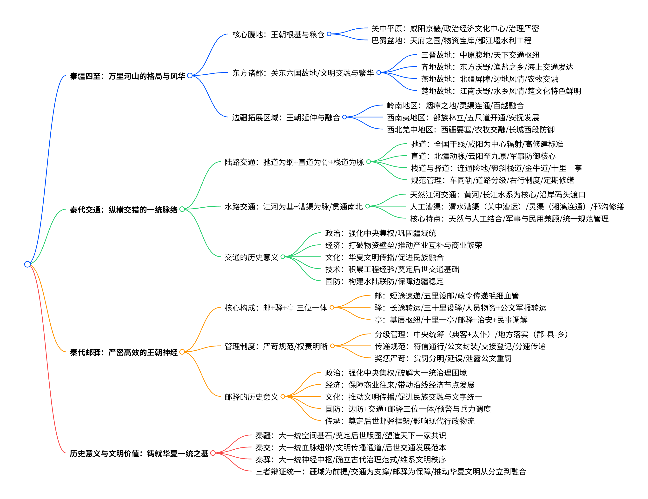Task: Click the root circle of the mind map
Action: point(27,264)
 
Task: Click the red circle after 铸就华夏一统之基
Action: point(213,453)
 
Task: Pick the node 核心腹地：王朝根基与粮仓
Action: point(278,34)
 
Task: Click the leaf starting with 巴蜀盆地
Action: point(451,40)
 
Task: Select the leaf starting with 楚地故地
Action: point(501,91)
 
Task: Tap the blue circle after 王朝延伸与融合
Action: point(344,117)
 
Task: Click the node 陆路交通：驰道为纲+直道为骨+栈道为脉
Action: point(294,162)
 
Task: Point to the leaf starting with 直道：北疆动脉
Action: point(483,156)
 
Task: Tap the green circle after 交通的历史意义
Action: point(283,257)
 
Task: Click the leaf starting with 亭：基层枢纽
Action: point(451,320)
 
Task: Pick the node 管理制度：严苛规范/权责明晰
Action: point(276,346)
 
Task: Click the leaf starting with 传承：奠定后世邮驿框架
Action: point(400,421)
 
